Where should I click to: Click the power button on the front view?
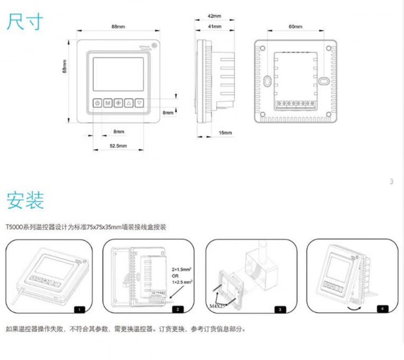click(x=97, y=103)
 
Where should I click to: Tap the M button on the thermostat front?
click(x=108, y=103)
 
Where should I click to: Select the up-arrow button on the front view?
click(x=129, y=103)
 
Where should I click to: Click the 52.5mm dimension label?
click(x=118, y=146)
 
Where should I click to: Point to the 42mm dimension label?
click(x=214, y=16)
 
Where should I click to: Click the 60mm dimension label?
click(x=295, y=27)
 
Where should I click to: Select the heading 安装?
click(x=25, y=200)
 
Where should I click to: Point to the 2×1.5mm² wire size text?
click(x=182, y=270)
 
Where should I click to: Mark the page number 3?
click(x=391, y=182)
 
